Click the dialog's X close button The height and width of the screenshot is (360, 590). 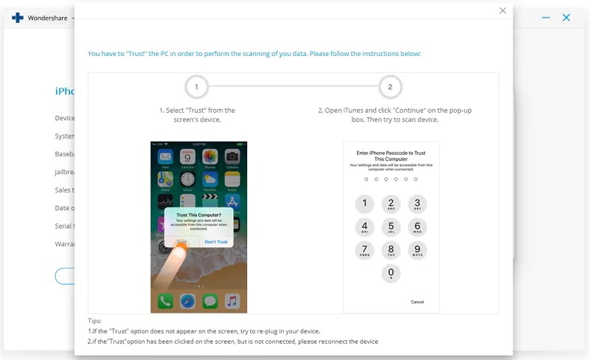point(503,11)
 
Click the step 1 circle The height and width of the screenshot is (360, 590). point(196,87)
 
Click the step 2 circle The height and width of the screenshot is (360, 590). point(390,87)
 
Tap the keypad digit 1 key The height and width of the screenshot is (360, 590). point(364,204)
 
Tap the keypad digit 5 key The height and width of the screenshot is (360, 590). point(391,227)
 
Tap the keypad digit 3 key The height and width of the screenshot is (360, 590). point(417,204)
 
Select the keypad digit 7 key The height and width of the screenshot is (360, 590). point(364,250)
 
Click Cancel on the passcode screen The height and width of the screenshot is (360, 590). point(417,302)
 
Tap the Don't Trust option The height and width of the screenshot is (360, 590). point(216,242)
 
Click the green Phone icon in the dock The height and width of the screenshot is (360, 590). point(165,301)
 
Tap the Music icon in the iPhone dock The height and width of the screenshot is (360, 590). point(232,301)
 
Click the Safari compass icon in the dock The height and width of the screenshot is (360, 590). point(187,301)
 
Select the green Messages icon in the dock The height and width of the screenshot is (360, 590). point(210,301)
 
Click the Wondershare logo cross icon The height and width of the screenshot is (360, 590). point(18,18)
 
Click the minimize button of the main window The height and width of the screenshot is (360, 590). point(546,17)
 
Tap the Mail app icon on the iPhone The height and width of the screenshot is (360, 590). point(165,157)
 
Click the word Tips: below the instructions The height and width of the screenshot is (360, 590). point(94,321)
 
